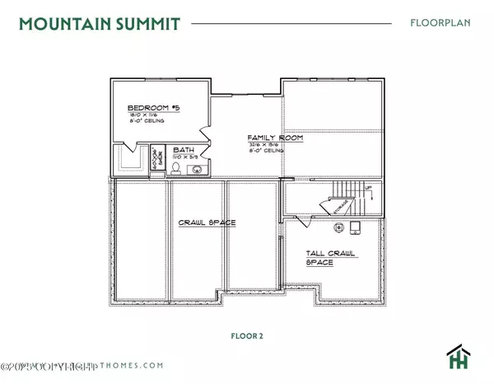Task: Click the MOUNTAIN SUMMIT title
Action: [97, 23]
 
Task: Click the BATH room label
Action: [183, 150]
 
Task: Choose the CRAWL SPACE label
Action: [207, 222]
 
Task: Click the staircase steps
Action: [347, 196]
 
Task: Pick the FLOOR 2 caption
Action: [248, 336]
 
